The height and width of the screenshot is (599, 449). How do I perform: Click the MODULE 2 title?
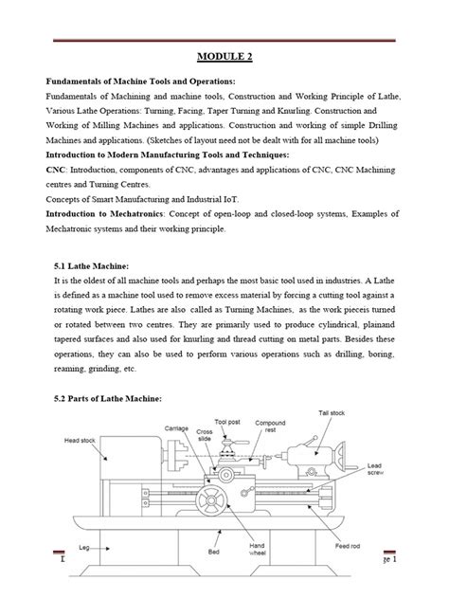(224, 56)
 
